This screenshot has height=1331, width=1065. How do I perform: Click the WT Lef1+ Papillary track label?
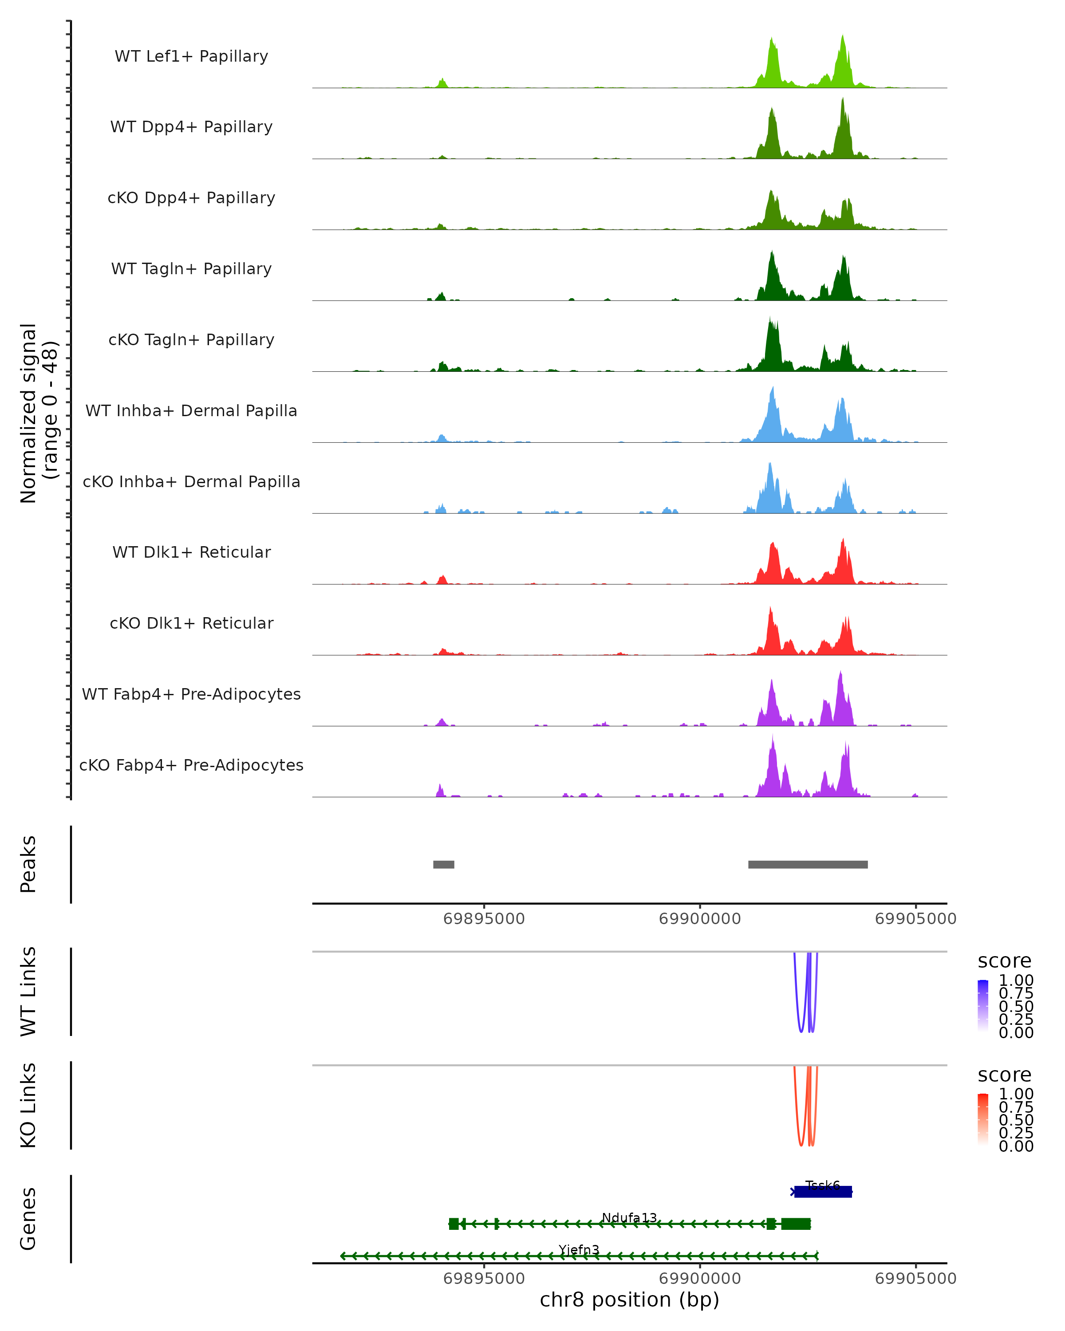pyautogui.click(x=191, y=56)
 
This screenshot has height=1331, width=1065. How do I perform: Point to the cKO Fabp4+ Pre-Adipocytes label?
pyautogui.click(x=191, y=765)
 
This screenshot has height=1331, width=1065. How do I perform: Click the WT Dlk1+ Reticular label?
pyautogui.click(x=191, y=552)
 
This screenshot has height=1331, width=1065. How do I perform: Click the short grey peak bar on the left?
pyautogui.click(x=443, y=864)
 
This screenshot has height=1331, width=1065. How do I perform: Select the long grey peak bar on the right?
pyautogui.click(x=808, y=864)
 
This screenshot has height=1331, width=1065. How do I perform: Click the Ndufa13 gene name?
pyautogui.click(x=629, y=1217)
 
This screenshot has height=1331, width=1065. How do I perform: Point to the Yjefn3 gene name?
pyautogui.click(x=579, y=1249)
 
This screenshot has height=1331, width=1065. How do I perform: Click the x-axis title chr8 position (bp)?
pyautogui.click(x=629, y=1299)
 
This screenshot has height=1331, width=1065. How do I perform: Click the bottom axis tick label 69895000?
pyautogui.click(x=484, y=1279)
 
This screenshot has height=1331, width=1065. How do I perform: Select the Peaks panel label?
pyautogui.click(x=28, y=864)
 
